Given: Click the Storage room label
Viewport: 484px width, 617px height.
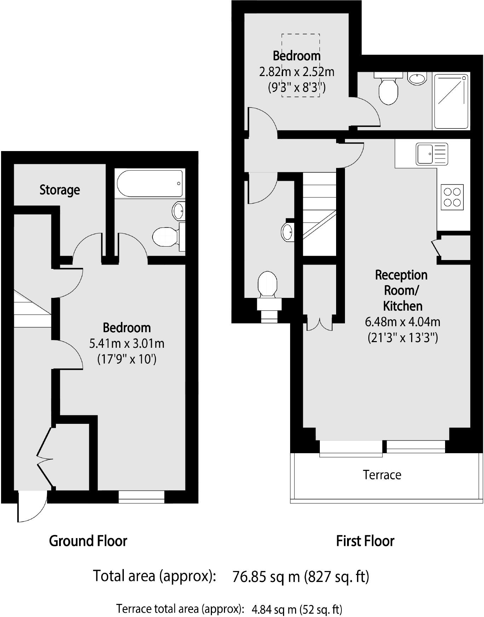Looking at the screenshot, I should [59, 190].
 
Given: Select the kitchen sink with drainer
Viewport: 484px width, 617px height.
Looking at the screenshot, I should [432, 154].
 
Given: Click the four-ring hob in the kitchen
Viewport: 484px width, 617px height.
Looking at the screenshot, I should [452, 197].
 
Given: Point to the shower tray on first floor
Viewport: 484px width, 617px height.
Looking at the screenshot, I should [451, 101].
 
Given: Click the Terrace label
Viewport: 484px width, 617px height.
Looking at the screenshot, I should [382, 475].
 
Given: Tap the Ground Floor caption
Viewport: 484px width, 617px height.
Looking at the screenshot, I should [88, 541].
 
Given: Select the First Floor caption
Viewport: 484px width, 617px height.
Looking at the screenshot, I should [365, 541].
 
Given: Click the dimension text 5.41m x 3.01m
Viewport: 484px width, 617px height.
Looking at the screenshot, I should [127, 343].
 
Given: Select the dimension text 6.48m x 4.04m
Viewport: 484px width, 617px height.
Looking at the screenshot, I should [402, 322].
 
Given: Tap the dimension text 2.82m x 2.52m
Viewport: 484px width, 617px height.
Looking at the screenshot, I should [296, 72].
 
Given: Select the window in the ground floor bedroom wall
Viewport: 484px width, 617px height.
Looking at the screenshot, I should [141, 497].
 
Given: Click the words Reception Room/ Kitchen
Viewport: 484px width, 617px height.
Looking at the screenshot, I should [402, 290].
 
